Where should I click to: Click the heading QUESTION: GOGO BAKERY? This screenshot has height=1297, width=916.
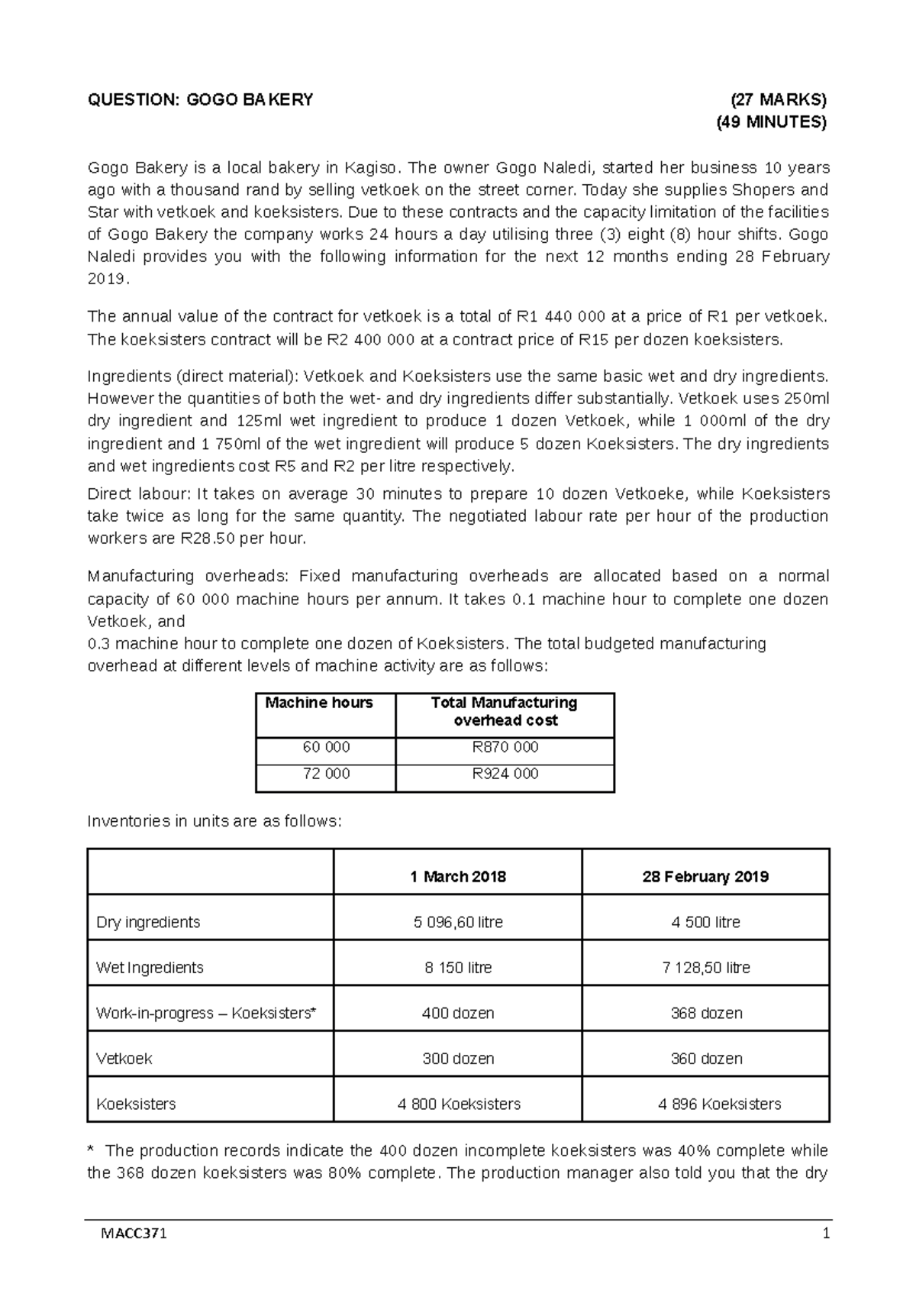point(200,99)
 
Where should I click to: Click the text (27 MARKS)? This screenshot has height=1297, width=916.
point(778,99)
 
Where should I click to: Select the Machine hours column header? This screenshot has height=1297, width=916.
point(319,703)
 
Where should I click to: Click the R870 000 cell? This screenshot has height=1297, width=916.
point(505,747)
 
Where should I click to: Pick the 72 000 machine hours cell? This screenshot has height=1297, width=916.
point(326,774)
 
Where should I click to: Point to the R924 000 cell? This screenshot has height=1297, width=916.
point(505,774)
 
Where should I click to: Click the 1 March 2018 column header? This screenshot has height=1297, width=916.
point(458,877)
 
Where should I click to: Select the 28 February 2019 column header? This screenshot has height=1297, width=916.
point(705,877)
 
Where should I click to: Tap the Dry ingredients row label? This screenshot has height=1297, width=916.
point(148,923)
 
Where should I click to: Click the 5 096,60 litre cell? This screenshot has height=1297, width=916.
point(458,923)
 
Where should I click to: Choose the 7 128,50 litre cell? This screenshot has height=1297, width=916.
point(705,968)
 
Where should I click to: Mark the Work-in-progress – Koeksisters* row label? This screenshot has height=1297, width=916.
point(206,1014)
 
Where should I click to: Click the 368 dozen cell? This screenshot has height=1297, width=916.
point(705,1014)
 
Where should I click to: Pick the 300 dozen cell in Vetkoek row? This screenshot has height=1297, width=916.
point(458,1059)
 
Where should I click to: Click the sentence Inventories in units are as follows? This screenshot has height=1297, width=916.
point(215,822)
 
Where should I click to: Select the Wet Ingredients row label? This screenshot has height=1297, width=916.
point(150,968)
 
